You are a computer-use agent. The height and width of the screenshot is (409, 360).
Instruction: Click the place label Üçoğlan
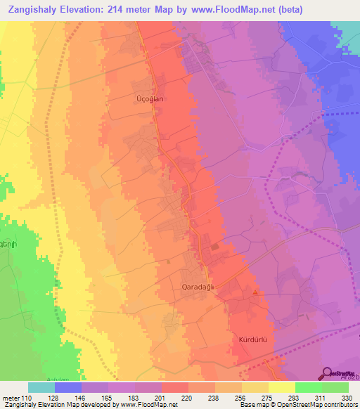pos(149,100)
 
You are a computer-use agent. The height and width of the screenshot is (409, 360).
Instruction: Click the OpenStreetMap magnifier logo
pos(328,373)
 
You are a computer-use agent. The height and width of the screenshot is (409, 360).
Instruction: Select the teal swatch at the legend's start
pos(41,387)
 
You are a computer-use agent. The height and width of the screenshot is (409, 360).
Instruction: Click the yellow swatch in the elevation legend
pos(281,387)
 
